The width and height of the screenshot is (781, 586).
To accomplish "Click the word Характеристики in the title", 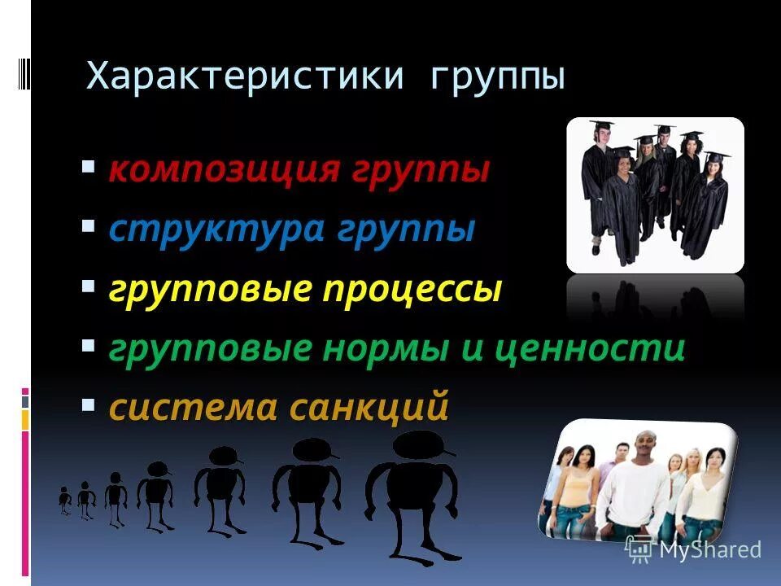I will click(x=245, y=77).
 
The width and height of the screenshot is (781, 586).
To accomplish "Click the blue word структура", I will click(x=216, y=230).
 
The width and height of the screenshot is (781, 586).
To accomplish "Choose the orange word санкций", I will click(x=369, y=407).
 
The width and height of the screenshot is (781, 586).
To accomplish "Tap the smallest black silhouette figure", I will click(x=65, y=500).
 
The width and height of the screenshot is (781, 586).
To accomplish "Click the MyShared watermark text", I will click(x=710, y=549).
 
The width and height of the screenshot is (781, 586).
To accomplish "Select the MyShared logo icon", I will click(x=639, y=549).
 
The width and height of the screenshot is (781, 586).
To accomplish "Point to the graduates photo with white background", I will click(x=655, y=195).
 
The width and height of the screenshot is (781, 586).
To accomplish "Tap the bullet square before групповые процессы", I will click(x=88, y=287).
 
